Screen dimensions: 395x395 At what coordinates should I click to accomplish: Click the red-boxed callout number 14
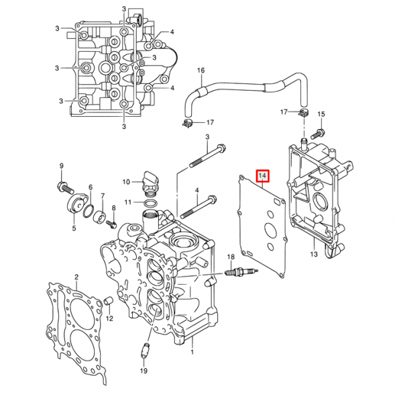(x=263, y=177)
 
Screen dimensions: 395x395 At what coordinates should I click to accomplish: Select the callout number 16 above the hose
(x=201, y=70)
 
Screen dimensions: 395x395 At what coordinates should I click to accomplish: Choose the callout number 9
(x=61, y=166)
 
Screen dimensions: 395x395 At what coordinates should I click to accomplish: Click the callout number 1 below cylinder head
(x=192, y=352)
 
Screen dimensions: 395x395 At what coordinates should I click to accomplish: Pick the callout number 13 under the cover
(x=313, y=255)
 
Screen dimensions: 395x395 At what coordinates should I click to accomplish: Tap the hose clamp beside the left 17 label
(x=188, y=123)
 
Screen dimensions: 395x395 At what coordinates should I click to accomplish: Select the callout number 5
(x=74, y=228)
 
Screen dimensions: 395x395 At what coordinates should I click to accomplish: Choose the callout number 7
(x=102, y=195)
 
